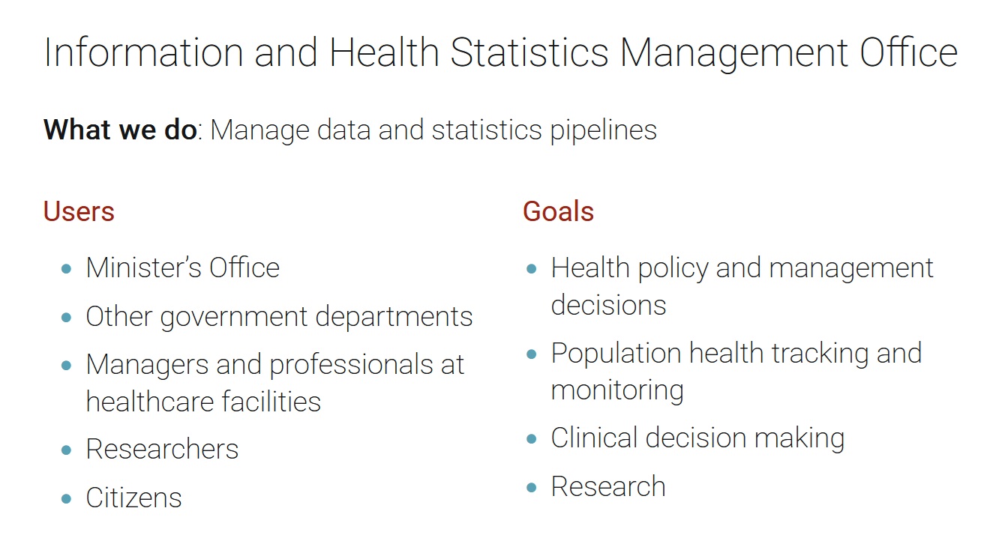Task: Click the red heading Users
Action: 79,211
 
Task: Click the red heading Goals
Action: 558,211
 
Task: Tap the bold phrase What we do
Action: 120,130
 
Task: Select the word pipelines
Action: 604,131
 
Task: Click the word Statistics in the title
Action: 529,52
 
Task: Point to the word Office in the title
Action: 908,52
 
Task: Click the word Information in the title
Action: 143,52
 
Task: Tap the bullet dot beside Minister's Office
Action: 67,268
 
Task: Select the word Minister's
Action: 143,268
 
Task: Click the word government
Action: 234,318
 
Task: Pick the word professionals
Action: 352,366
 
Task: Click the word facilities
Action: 271,401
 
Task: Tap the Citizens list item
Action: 133,498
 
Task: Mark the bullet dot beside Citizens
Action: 67,498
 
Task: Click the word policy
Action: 673,269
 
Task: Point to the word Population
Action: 616,354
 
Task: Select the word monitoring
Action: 617,391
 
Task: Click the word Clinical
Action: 595,438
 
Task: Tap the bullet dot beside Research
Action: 531,487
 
